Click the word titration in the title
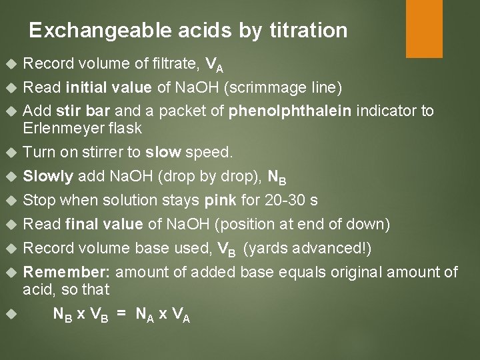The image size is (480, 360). pyautogui.click(x=310, y=31)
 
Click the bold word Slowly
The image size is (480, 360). pyautogui.click(x=49, y=177)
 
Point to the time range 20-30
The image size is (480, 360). pyautogui.click(x=269, y=201)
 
